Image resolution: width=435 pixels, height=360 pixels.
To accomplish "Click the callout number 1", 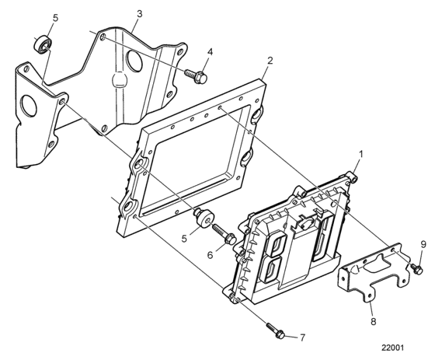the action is pos(361,155).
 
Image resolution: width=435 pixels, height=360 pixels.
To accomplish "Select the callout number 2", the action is pos(270,61).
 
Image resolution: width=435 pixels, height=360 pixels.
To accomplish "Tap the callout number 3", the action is pos(140,14).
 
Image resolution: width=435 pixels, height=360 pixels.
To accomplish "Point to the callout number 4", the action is pos(210,51).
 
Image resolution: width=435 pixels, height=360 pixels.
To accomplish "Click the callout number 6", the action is pos(210,255).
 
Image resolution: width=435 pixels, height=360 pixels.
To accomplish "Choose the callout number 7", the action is pos(302,337).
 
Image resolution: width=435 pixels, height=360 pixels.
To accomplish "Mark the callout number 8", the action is pos(374,322).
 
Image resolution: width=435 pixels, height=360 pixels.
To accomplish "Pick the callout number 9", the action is pos(423,245).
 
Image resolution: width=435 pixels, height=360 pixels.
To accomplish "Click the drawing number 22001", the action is pos(392,348).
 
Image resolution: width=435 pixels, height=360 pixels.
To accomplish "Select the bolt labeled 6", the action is pos(224,235).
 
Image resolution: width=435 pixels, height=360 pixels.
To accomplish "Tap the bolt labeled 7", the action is pos(276,330).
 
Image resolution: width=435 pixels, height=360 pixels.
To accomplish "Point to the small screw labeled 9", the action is pos(417,269).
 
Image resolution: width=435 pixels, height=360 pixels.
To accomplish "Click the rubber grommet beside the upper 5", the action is pos(43,44).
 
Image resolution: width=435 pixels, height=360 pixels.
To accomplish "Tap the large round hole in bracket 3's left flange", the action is pos(30,106).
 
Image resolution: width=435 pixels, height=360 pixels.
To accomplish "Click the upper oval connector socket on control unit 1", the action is pos(277,243).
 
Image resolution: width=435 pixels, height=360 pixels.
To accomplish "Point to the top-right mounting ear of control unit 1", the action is pos(352,177).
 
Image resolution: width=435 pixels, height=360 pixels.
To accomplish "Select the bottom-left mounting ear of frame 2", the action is pos(128,206).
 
